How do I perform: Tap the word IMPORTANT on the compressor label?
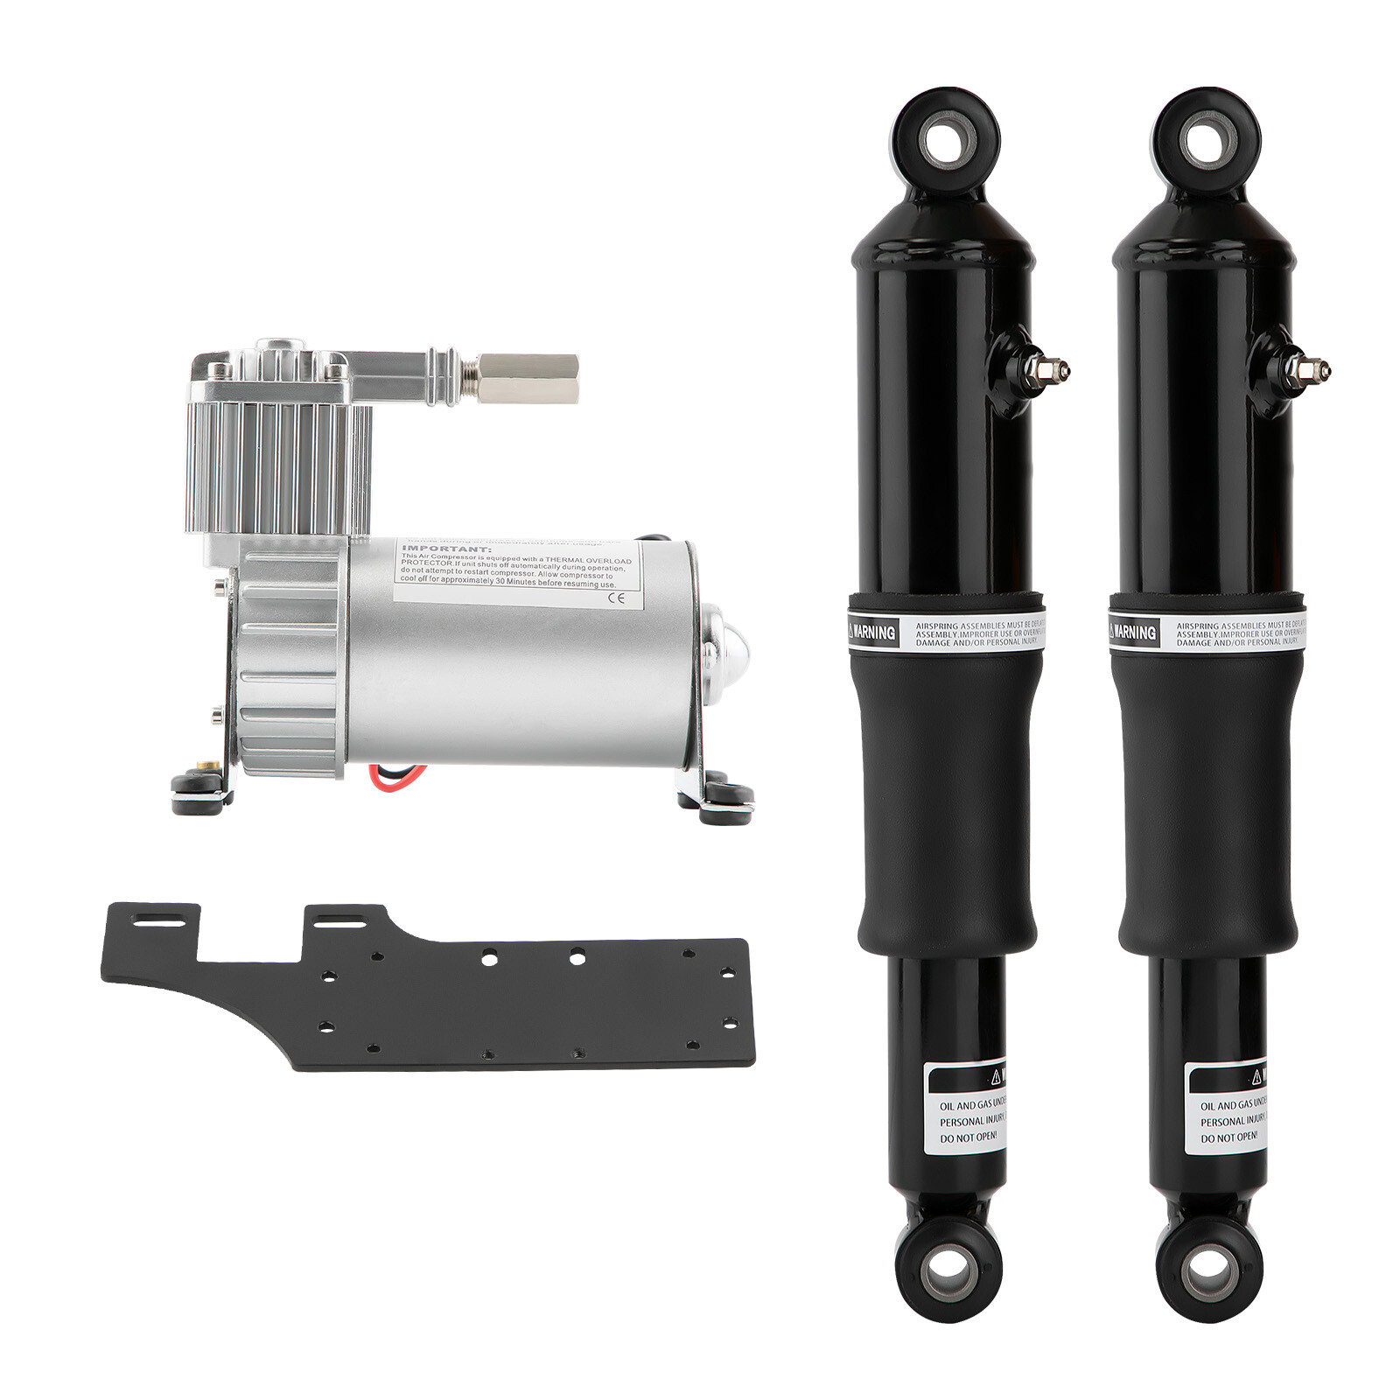click(435, 549)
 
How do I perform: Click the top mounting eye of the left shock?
click(946, 140)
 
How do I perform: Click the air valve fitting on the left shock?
click(1046, 370)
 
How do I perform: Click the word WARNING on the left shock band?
click(875, 632)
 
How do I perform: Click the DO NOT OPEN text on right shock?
click(1228, 1137)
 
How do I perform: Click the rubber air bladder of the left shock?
click(945, 805)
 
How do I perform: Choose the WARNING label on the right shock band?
click(1135, 632)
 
